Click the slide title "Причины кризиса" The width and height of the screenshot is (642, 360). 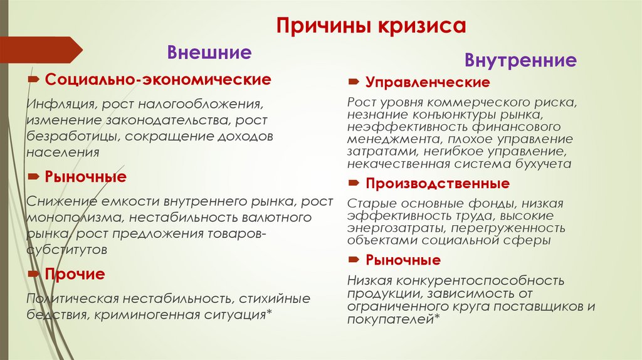tap(372, 27)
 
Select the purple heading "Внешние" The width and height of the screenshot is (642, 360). tap(209, 52)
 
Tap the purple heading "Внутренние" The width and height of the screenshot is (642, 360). tap(520, 60)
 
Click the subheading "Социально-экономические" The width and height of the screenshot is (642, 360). tap(158, 80)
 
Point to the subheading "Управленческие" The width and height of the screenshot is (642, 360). tap(428, 82)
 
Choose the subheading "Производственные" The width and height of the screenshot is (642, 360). tap(438, 184)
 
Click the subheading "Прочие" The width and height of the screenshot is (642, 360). tap(75, 274)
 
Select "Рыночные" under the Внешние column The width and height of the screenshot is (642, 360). tap(85, 177)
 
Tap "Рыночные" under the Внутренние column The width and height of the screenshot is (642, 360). tap(403, 260)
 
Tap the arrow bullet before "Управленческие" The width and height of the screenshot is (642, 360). tap(354, 82)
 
